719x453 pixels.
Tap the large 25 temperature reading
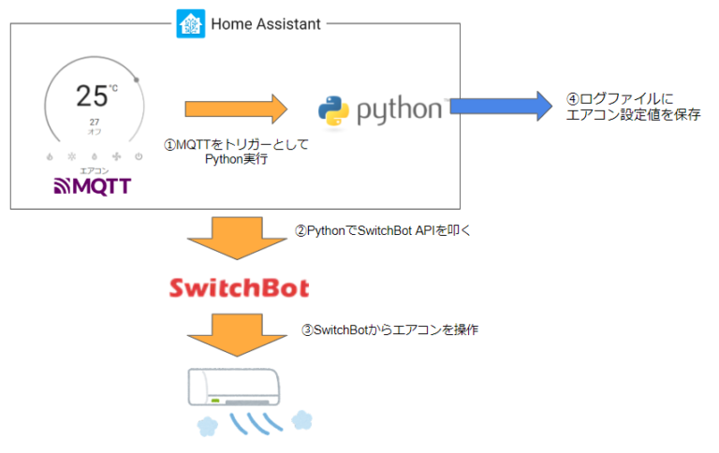pos(94,96)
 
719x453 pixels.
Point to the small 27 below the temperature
pos(95,123)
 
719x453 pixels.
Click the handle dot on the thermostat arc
pos(136,80)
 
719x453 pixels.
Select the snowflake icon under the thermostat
pos(72,156)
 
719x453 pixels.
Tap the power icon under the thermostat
pos(138,156)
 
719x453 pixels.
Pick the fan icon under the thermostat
pos(116,156)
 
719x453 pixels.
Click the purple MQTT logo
pos(94,186)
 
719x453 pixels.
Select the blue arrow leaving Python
pos(501,107)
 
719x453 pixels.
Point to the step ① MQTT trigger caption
pos(237,153)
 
